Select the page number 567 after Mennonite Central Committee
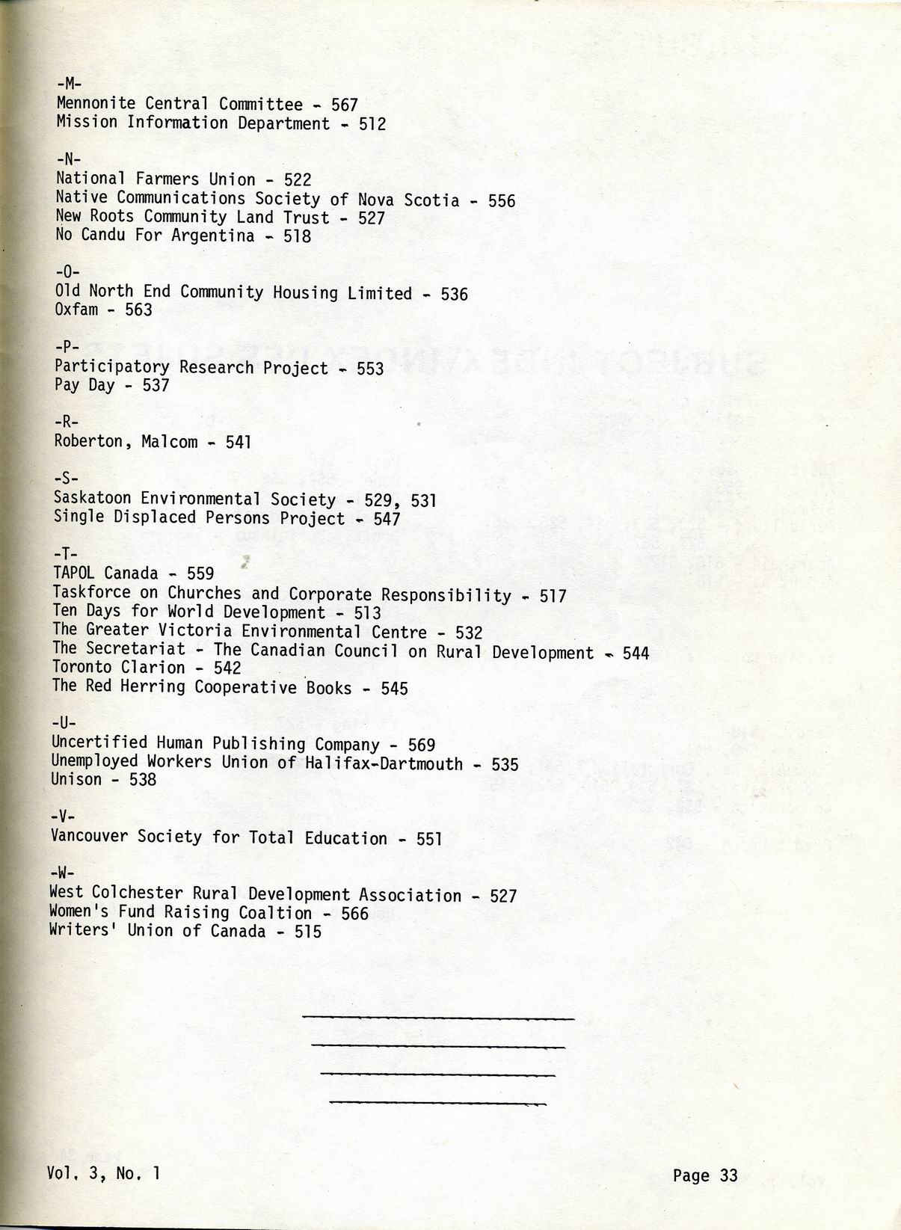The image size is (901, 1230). point(345,105)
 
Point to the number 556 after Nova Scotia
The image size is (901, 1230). point(502,200)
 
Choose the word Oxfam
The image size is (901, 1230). point(76,310)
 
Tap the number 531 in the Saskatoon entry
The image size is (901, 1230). point(422,500)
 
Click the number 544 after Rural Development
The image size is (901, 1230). point(636,653)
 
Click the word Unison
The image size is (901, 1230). point(76,779)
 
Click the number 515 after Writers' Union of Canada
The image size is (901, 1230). point(308,931)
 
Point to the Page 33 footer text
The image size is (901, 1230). point(704,1175)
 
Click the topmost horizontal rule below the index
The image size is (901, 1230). point(437,1018)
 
